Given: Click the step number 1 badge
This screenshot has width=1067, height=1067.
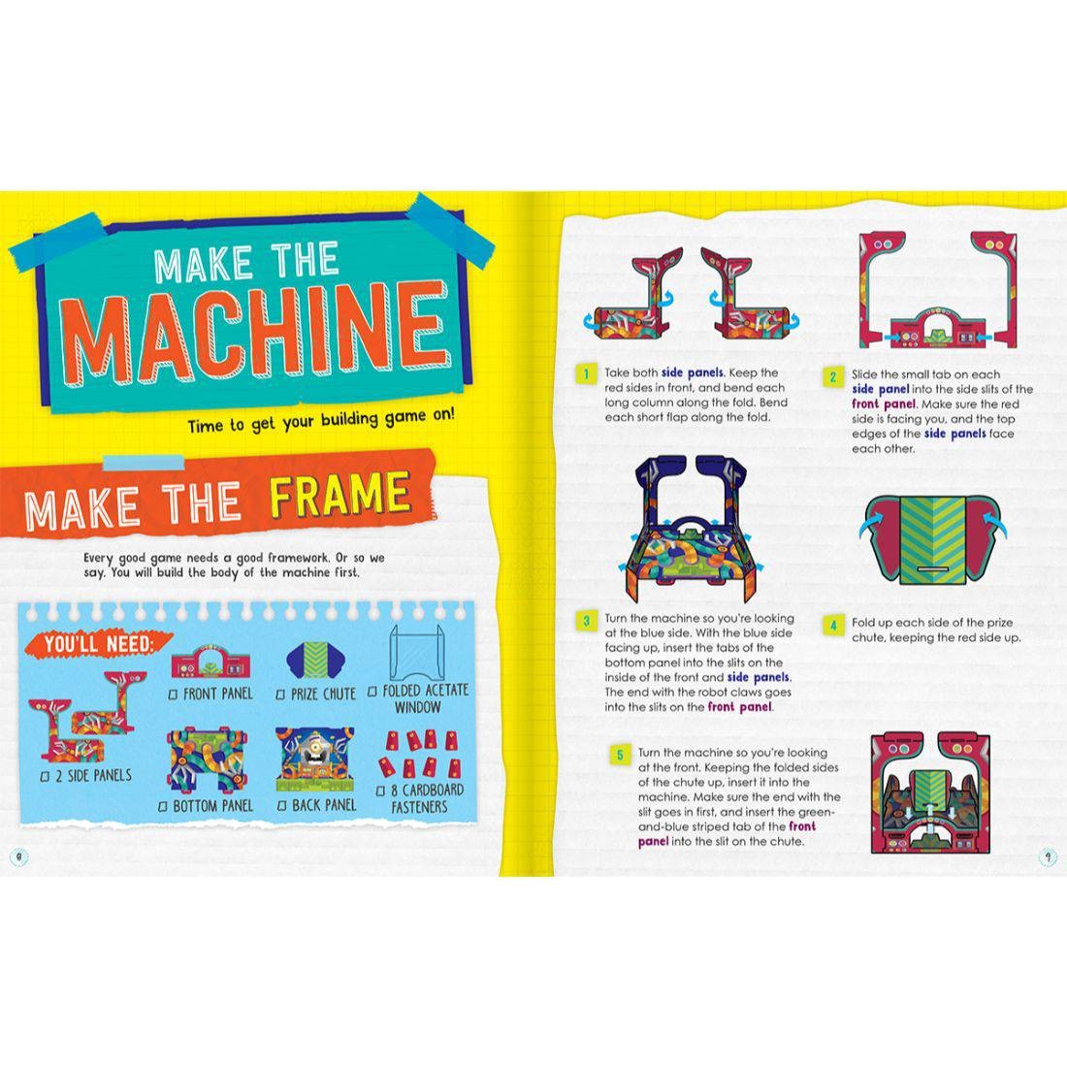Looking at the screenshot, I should click(x=585, y=373).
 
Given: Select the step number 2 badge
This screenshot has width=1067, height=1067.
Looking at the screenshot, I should click(x=832, y=375).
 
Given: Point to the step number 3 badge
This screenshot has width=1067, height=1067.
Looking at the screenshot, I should click(x=585, y=620).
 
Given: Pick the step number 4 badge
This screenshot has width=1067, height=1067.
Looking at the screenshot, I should click(x=832, y=625).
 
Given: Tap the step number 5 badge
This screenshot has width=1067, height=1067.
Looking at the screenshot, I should click(x=620, y=754).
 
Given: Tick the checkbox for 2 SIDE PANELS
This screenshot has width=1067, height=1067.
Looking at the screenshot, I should click(x=46, y=777).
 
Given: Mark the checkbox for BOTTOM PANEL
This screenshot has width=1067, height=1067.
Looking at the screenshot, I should click(x=163, y=806).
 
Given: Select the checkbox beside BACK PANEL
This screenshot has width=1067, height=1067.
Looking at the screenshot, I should click(x=283, y=806).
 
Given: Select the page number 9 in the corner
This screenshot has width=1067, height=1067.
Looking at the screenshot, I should click(x=1048, y=856).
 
